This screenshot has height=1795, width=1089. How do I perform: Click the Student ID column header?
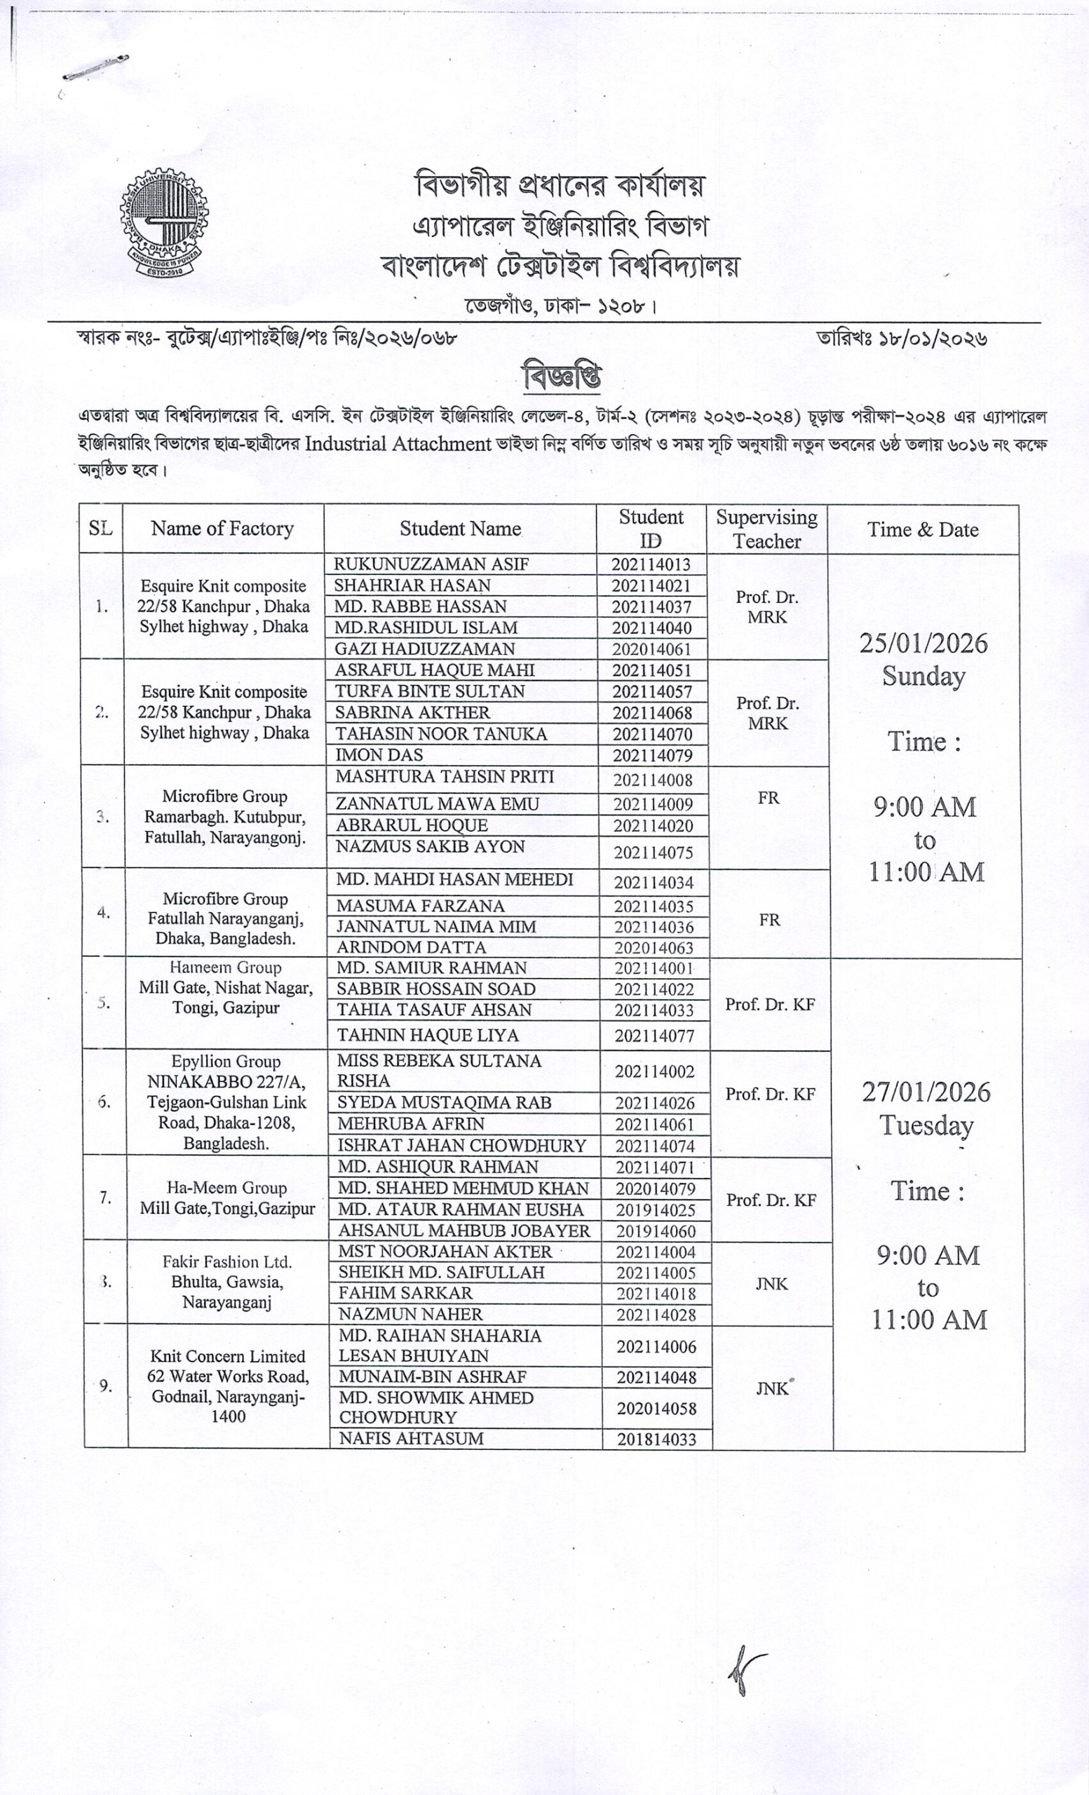click(x=651, y=528)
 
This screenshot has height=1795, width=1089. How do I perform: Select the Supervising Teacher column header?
click(x=766, y=528)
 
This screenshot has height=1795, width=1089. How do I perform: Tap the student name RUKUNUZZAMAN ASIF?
click(x=431, y=564)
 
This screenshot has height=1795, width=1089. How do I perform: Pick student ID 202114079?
click(x=652, y=755)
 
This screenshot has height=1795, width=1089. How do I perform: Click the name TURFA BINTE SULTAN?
click(x=430, y=691)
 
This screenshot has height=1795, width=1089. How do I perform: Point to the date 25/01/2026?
click(x=923, y=643)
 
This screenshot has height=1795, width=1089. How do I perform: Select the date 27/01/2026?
click(x=926, y=1092)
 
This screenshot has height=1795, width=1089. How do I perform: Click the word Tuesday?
click(x=926, y=1125)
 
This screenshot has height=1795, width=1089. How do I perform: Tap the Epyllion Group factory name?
click(x=226, y=1062)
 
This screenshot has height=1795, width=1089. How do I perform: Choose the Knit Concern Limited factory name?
click(x=227, y=1357)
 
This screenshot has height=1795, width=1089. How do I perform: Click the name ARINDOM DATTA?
click(x=411, y=947)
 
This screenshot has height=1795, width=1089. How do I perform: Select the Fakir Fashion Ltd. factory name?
click(x=226, y=1261)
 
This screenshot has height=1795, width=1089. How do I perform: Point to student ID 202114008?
click(x=653, y=780)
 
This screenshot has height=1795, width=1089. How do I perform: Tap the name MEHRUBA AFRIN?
click(x=411, y=1123)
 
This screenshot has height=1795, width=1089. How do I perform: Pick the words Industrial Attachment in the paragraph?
click(x=398, y=444)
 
